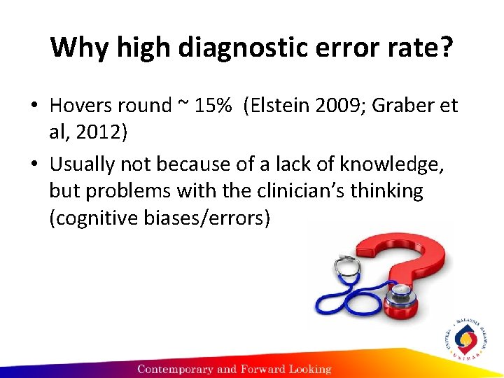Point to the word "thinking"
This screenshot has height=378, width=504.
tap(388, 190)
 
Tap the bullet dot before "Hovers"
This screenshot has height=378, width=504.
tap(34, 106)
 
